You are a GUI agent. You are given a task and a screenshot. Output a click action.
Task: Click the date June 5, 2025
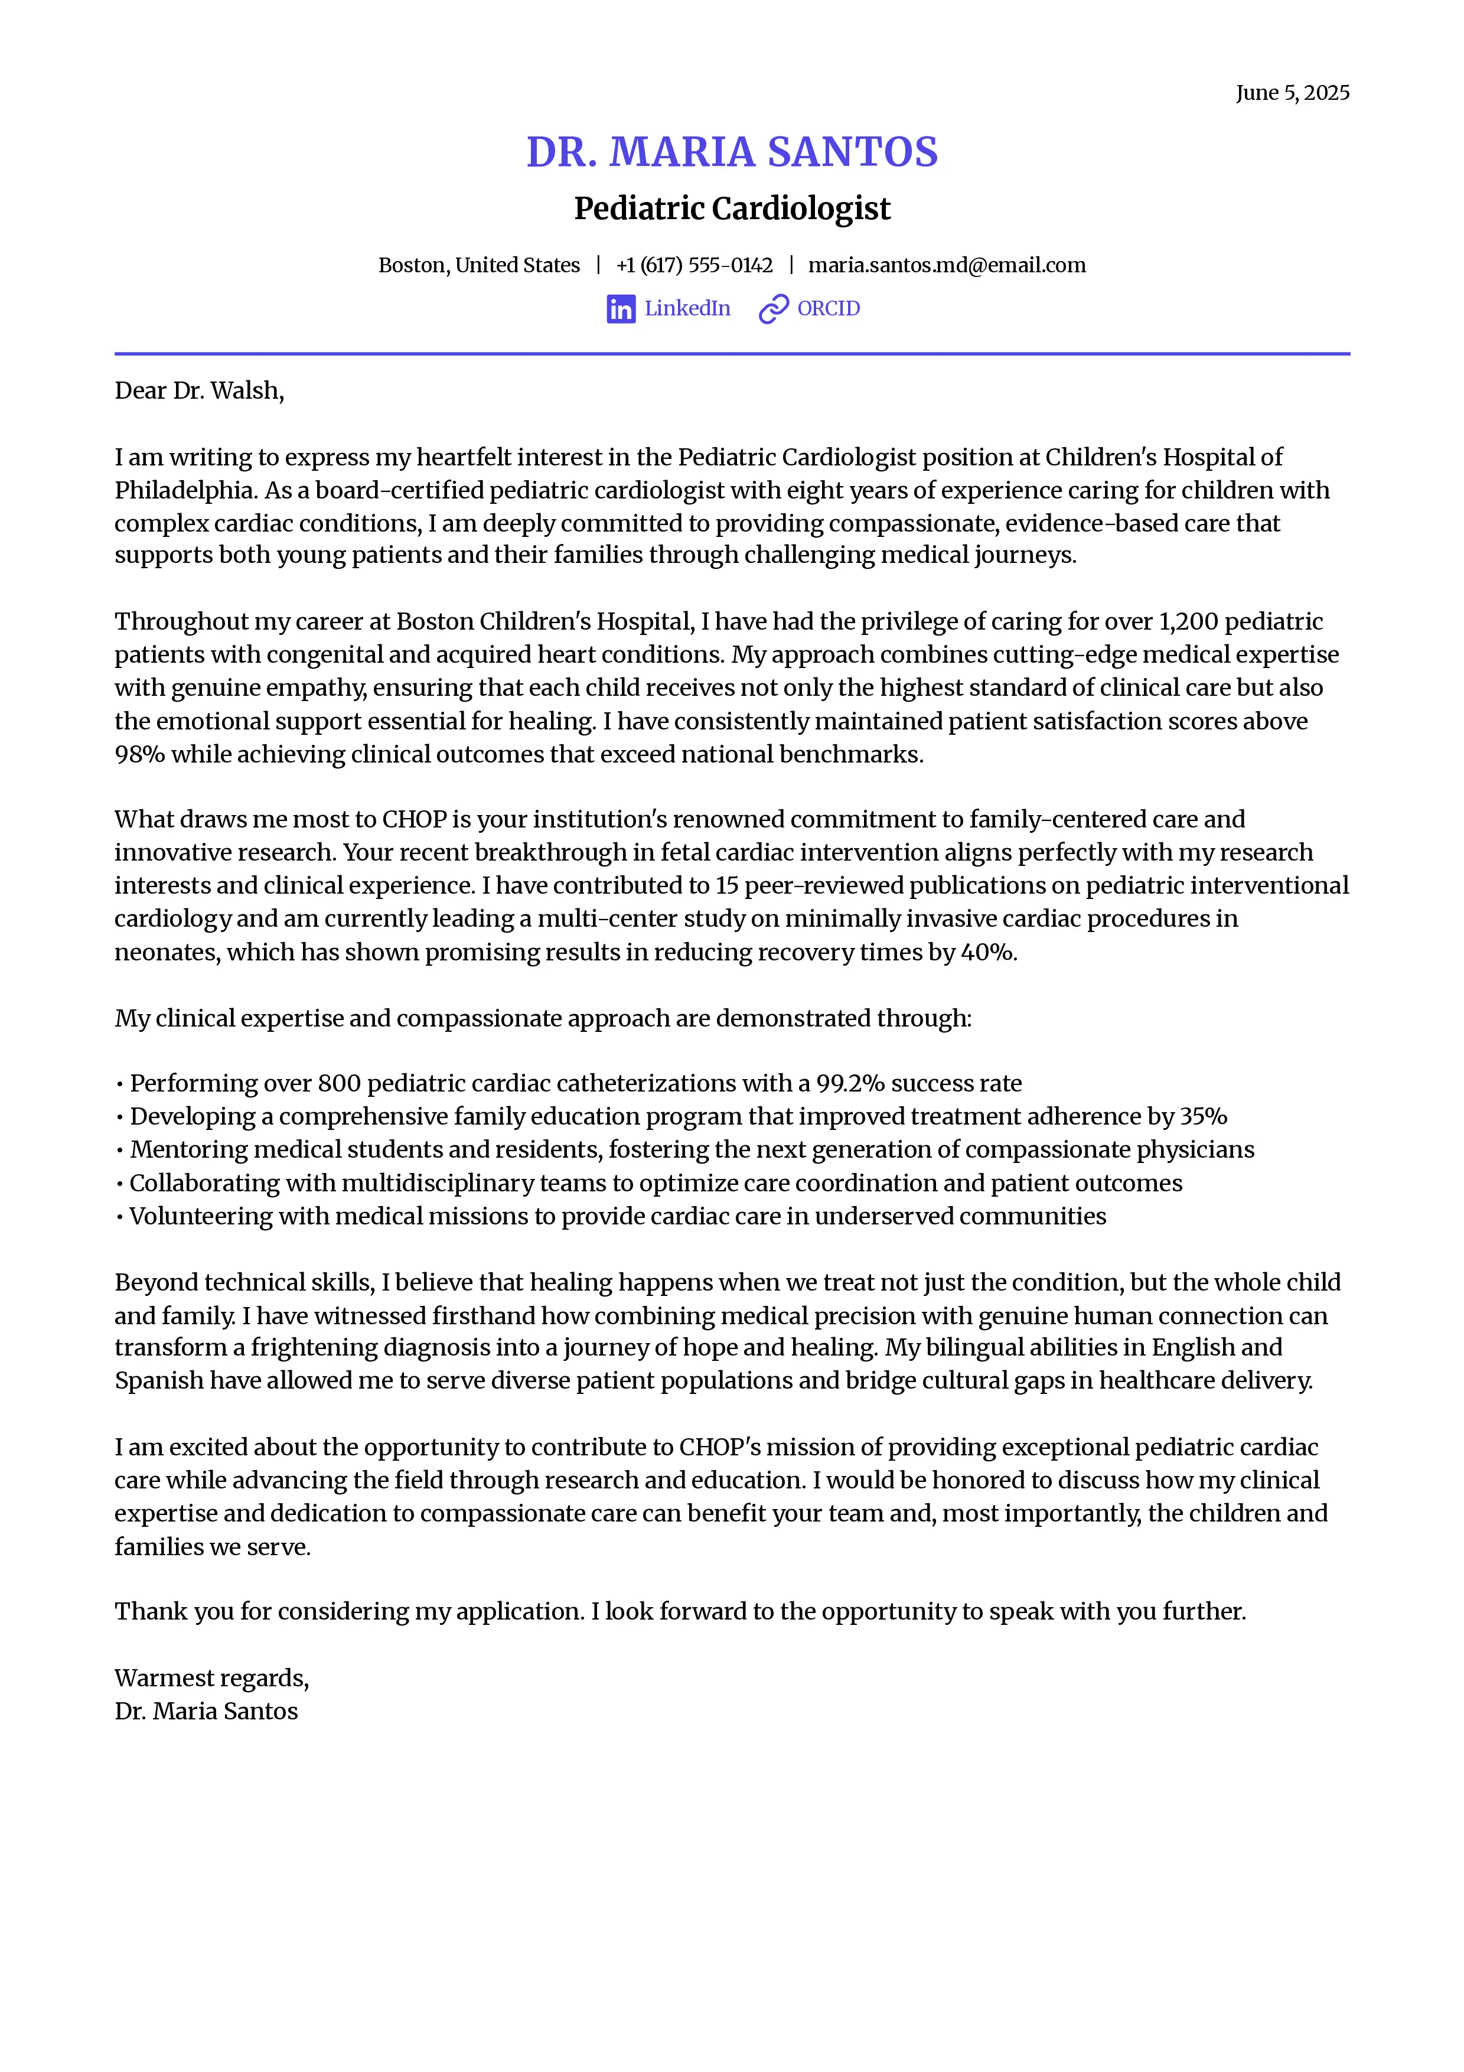[x=1292, y=93]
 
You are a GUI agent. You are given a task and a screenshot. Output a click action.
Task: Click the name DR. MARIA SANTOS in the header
[x=732, y=152]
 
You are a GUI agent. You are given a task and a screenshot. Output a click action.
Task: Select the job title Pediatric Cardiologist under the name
[x=732, y=208]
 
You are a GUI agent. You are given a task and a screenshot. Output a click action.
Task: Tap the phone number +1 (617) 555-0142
[x=694, y=265]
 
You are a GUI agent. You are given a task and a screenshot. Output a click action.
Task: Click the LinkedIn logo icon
[x=621, y=309]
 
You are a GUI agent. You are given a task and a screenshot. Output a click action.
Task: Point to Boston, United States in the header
[x=479, y=265]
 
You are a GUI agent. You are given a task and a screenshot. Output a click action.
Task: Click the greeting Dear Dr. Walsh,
[x=200, y=391]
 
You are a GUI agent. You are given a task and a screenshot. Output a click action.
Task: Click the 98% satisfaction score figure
[x=140, y=754]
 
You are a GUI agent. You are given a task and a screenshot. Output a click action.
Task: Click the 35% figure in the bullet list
[x=1204, y=1116]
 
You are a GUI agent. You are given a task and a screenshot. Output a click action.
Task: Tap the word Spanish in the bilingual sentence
[x=159, y=1381]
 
